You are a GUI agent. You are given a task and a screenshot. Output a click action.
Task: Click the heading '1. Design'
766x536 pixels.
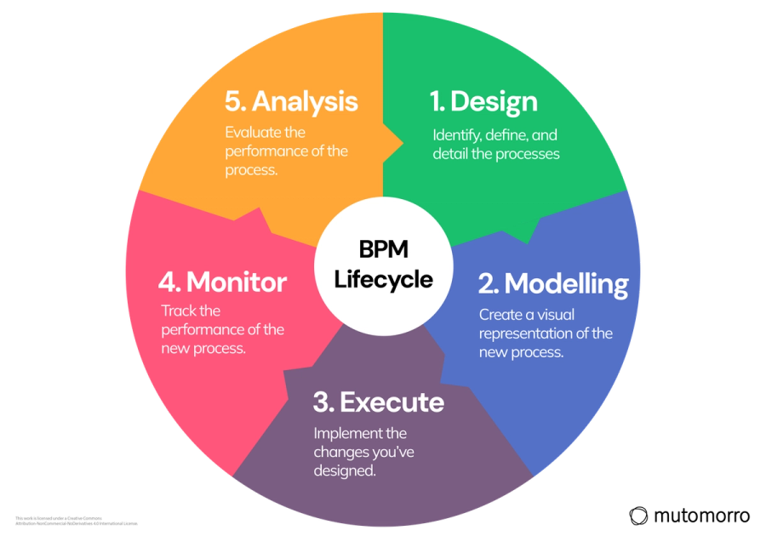click(483, 102)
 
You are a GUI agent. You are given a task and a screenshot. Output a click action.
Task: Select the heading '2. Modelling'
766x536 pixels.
click(553, 283)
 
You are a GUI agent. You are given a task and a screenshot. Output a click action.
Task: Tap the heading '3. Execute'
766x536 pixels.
click(379, 402)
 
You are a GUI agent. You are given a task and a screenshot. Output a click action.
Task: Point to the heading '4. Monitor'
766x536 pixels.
click(224, 282)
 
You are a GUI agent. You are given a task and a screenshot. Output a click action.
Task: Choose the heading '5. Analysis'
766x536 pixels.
click(291, 102)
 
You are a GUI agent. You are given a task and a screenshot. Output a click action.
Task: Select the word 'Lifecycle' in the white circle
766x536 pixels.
click(383, 279)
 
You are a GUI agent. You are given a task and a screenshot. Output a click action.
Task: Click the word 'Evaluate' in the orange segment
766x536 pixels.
click(254, 133)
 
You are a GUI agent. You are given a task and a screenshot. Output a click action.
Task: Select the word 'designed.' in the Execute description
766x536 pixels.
click(345, 470)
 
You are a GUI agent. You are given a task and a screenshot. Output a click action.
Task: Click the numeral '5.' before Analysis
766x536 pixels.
click(236, 102)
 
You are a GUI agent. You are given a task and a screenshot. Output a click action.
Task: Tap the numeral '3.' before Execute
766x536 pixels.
click(326, 402)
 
